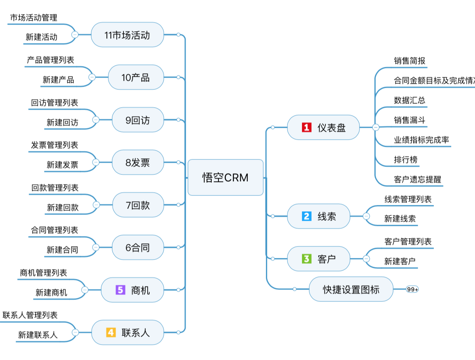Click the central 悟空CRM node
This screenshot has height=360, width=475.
225,178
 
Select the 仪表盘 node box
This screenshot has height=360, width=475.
323,127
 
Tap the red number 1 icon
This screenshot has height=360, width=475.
307,127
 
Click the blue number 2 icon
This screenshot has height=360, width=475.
307,216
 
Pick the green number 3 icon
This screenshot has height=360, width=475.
307,259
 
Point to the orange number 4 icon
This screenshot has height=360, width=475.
111,333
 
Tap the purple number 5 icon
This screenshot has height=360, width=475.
120,290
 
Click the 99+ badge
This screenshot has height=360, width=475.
412,290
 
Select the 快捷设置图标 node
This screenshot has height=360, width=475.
351,289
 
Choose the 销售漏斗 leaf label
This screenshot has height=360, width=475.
409,120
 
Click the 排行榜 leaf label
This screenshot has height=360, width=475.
405,160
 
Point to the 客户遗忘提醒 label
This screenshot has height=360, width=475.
417,180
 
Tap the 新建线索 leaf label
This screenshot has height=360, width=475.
400,218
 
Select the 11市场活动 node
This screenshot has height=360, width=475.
127,35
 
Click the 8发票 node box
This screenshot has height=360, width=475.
138,162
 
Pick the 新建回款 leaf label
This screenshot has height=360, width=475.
63,207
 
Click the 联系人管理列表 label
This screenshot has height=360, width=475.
30,315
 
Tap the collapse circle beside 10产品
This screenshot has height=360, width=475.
92,77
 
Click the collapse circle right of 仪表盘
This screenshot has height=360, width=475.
376,127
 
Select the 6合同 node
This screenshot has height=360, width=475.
138,248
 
